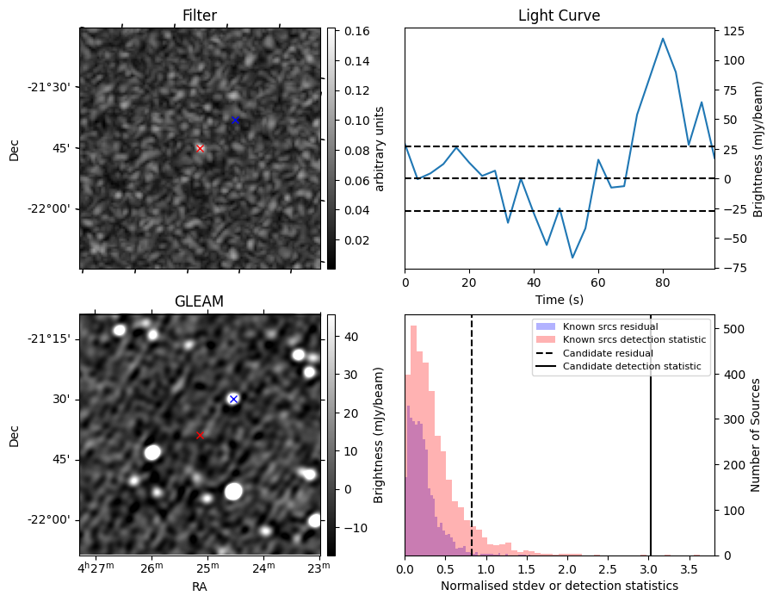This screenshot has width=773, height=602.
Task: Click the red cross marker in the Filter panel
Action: (201, 148)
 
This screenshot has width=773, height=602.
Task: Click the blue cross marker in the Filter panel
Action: (235, 120)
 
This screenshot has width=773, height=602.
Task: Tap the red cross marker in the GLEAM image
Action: (201, 435)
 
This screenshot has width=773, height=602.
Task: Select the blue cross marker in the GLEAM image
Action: (233, 399)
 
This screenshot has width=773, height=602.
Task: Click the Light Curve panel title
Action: (559, 16)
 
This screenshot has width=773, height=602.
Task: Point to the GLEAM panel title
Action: (199, 301)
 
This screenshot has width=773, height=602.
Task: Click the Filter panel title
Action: (199, 16)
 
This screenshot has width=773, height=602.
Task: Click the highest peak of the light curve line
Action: (663, 38)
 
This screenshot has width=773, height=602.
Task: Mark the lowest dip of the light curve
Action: (572, 258)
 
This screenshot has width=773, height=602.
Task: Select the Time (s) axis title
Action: (559, 298)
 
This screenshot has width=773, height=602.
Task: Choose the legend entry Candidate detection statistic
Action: (631, 367)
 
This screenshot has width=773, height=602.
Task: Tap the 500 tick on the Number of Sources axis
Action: (733, 329)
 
